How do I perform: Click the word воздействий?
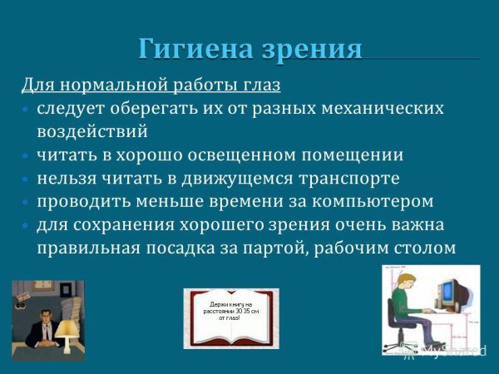pyautogui.click(x=92, y=131)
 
